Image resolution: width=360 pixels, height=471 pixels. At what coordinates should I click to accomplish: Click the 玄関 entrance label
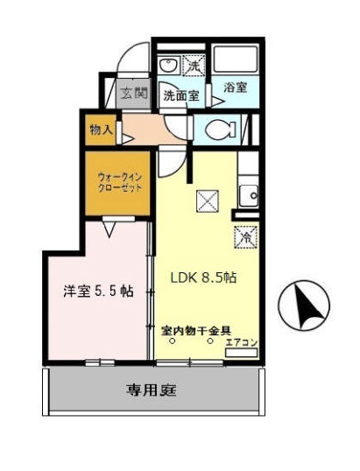(134, 94)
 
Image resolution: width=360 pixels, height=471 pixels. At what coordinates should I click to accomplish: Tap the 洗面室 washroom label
(182, 96)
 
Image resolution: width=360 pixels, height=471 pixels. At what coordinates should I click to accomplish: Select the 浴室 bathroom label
(235, 87)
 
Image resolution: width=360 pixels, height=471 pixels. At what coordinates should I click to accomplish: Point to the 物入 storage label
(101, 130)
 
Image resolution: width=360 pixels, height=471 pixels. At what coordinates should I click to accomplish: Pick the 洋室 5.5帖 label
(96, 291)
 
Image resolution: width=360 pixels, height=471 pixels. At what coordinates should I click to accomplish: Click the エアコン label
(240, 342)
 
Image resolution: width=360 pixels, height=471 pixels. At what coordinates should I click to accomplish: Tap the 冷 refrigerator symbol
(246, 236)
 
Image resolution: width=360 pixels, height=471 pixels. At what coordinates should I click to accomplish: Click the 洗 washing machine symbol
(192, 67)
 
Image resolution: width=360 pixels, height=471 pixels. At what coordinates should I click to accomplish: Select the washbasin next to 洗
(170, 67)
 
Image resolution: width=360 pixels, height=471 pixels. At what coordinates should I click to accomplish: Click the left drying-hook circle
(173, 342)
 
